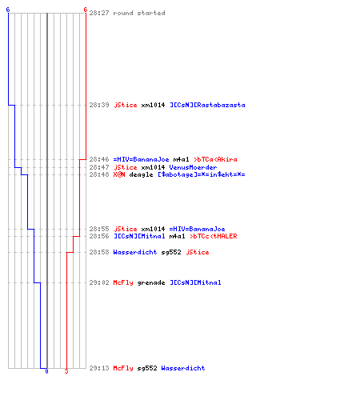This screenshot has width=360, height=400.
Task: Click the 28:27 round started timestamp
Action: point(99,13)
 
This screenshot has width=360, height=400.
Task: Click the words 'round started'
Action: point(139,13)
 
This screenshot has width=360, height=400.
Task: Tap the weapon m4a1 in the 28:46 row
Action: point(181,159)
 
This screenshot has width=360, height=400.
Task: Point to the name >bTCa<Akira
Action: point(215,159)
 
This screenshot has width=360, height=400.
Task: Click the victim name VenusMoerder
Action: point(193,167)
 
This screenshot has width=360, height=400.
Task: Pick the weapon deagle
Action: point(141,174)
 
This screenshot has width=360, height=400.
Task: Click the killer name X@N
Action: point(119,174)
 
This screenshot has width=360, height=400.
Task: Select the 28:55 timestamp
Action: point(99,229)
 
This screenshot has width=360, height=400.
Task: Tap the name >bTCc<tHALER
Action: point(214,236)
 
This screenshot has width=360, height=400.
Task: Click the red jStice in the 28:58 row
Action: point(198,252)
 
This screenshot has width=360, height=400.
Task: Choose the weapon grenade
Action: point(151,282)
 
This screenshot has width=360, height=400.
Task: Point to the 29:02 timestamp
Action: point(99,282)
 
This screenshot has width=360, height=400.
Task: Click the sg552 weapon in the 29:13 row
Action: point(147,368)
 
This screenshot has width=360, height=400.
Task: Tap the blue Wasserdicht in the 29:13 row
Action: point(183,368)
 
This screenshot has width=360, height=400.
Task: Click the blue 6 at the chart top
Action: point(8,10)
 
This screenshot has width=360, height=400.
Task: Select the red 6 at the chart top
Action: point(85,10)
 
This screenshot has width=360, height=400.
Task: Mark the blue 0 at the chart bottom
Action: point(46,371)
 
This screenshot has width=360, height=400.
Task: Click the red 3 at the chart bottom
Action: point(66,371)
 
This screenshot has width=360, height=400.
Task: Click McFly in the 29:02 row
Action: point(123,282)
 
